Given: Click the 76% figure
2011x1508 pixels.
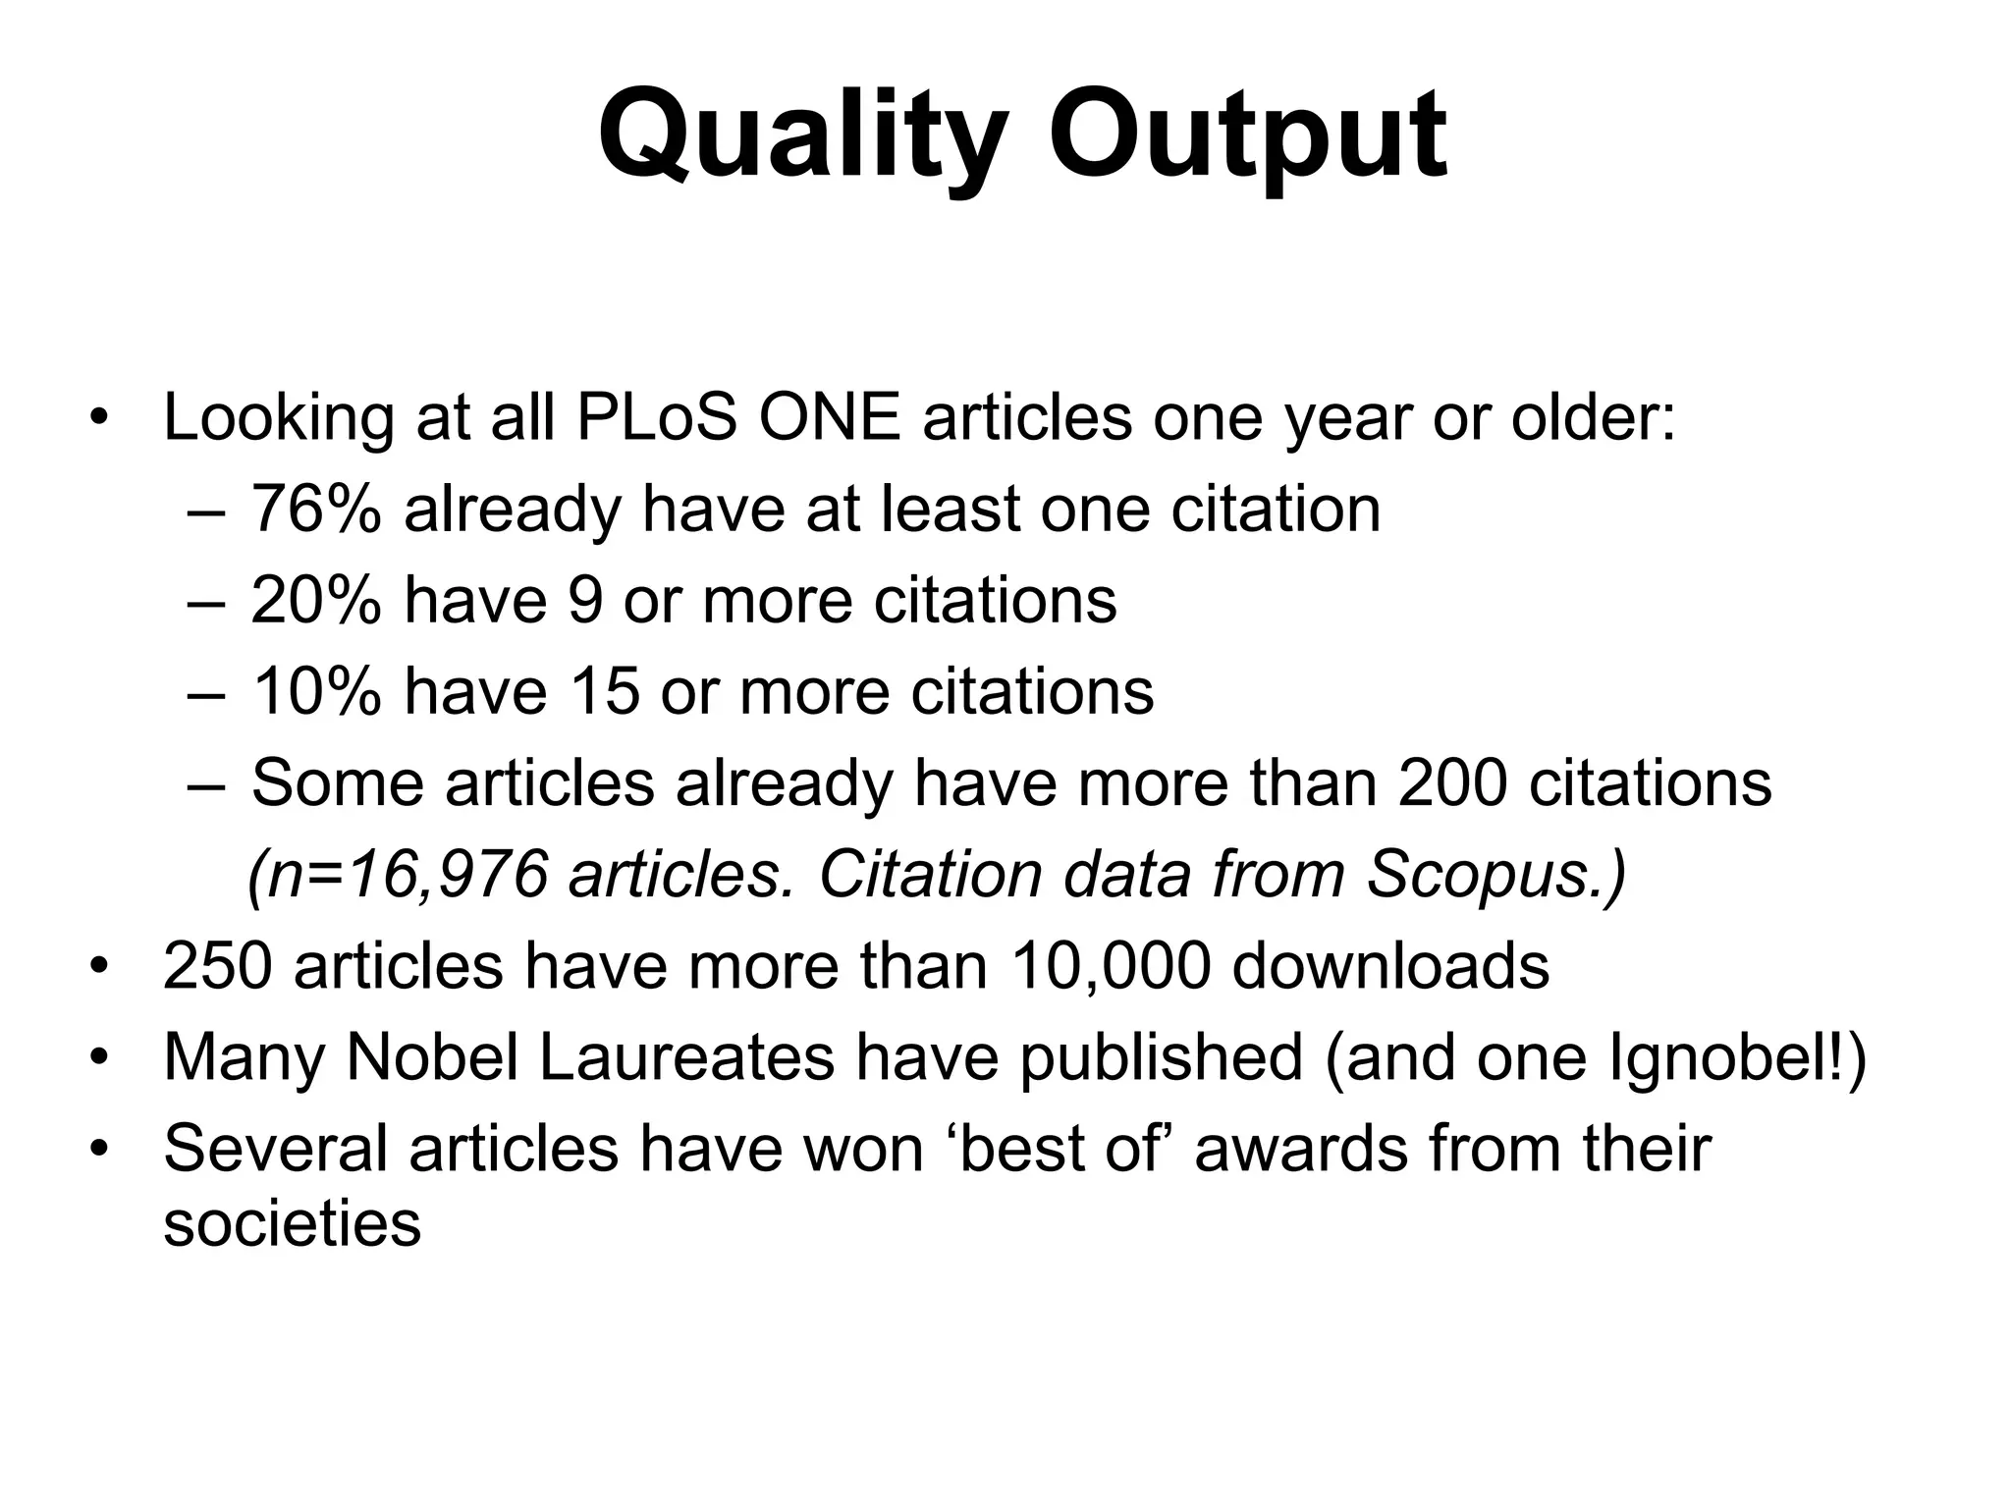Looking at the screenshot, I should pos(315,509).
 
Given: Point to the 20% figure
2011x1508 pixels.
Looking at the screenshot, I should pos(315,600).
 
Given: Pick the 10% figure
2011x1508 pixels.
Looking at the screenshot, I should pos(315,691).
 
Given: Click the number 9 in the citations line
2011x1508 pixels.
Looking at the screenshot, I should pos(585,600).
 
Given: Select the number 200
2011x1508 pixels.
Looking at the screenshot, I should pos(1451,782).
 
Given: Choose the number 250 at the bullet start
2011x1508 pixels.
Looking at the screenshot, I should pos(217,966).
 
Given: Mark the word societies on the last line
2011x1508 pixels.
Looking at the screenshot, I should pos(292,1225).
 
